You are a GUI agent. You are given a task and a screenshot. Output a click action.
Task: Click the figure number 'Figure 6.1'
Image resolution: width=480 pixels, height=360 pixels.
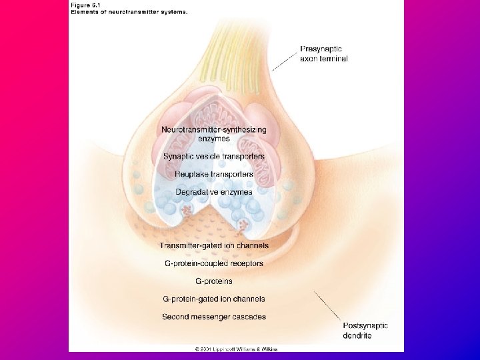89,5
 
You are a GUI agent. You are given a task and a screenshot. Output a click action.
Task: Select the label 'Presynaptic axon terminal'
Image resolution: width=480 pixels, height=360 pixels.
323,53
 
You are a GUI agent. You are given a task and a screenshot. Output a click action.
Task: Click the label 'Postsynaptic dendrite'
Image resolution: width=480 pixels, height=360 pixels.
365,330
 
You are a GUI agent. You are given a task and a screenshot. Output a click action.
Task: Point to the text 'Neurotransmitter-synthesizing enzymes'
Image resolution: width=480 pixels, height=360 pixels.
214,133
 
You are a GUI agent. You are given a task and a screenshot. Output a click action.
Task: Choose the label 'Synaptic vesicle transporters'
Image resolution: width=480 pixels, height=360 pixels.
214,156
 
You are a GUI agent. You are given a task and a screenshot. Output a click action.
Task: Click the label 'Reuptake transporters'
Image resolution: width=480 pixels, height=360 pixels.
214,174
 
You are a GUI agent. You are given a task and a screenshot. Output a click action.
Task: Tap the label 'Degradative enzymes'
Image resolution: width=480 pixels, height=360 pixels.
214,192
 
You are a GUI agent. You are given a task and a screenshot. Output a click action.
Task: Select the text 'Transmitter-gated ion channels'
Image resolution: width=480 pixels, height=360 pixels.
214,245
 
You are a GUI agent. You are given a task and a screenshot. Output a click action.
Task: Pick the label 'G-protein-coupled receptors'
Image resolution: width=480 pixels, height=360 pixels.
214,263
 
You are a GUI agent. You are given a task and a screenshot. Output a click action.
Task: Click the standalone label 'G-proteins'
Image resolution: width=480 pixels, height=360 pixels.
214,281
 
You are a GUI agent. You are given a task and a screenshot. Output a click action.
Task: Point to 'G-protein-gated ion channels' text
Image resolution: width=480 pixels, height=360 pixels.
214,299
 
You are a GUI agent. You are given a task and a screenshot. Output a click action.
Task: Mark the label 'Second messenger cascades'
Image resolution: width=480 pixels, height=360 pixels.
214,317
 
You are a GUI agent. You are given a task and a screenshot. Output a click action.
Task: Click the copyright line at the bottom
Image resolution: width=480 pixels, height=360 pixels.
236,349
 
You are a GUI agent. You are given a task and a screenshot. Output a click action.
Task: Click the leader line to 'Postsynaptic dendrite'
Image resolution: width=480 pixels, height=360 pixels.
329,306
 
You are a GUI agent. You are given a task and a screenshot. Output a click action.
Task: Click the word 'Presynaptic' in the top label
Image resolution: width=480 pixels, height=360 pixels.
321,49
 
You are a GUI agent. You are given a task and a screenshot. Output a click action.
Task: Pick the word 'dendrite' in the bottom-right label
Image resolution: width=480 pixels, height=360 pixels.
357,335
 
